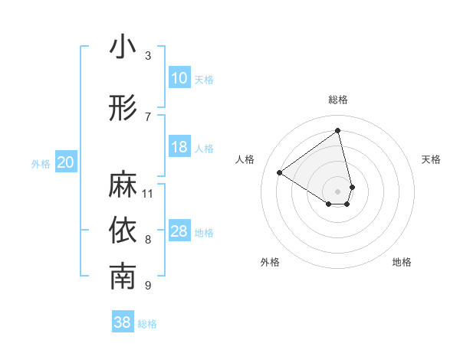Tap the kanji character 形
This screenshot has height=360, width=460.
click(123, 108)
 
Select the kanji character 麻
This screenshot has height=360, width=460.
click(123, 185)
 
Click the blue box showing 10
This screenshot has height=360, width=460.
click(179, 78)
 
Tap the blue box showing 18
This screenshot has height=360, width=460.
click(179, 147)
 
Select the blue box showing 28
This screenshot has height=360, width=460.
click(179, 231)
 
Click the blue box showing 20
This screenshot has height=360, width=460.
click(66, 162)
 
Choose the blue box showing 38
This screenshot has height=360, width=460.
click(123, 322)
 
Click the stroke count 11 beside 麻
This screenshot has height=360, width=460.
click(149, 193)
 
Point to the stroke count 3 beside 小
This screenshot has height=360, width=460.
click(148, 55)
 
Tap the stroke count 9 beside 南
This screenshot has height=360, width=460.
click(148, 286)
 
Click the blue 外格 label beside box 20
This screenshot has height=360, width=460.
click(41, 163)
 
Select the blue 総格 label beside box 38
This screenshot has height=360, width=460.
click(147, 324)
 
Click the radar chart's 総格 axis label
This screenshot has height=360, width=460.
click(338, 100)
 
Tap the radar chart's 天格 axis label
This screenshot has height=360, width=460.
click(432, 159)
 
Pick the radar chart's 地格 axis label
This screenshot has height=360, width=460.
click(402, 263)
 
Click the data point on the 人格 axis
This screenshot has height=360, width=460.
click(280, 172)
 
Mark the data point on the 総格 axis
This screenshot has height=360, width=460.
click(338, 130)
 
